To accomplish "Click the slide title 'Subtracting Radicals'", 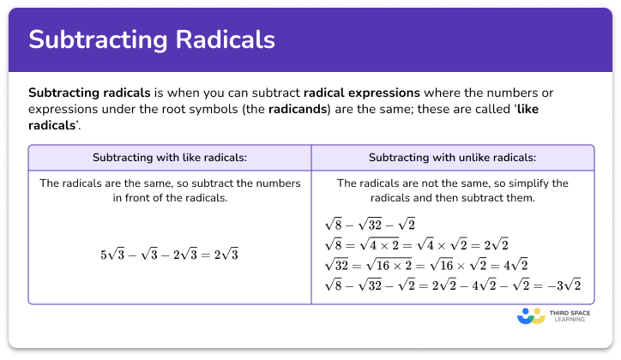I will (x=152, y=40).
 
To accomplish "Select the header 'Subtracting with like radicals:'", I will (x=169, y=158).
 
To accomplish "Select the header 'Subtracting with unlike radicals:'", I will (x=452, y=158).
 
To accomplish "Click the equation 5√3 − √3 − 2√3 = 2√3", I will (x=169, y=255).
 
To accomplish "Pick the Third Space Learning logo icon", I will (x=532, y=316).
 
